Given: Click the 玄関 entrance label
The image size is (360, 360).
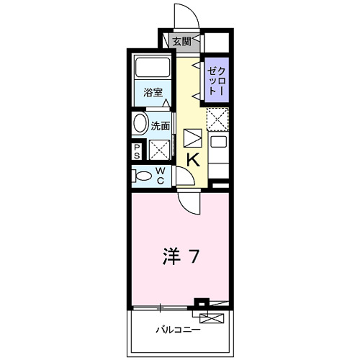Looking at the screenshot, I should (181, 41).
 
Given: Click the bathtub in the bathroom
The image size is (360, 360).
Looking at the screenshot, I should (153, 70).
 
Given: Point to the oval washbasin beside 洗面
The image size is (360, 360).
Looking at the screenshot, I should (140, 123).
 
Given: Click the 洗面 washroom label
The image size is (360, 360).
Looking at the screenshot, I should (161, 125).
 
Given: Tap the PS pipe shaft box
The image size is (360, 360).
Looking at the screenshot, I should (137, 151).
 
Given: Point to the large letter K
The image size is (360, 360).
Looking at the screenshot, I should (194, 160).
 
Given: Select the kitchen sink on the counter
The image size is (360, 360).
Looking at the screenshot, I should (218, 141).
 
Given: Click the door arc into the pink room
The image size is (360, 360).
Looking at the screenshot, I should (186, 202).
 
